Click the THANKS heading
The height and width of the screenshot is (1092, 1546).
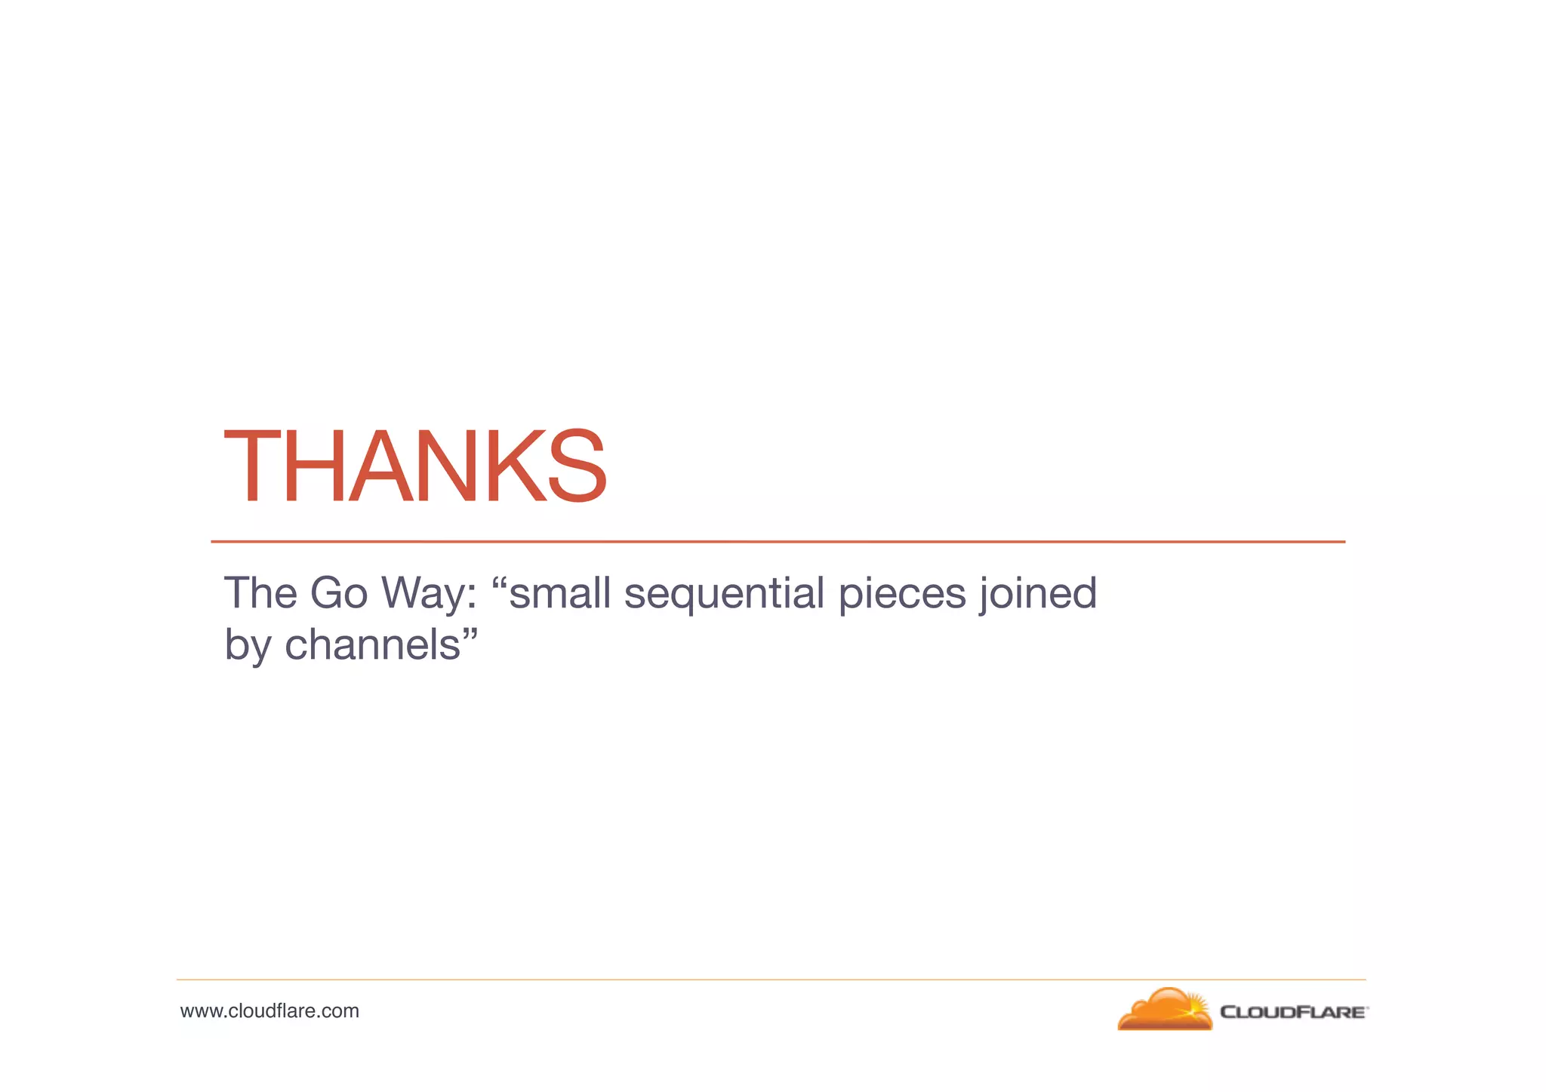tap(415, 466)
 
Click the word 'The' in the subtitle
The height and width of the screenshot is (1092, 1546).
tap(260, 593)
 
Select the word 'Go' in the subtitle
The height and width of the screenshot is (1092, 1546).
tap(338, 593)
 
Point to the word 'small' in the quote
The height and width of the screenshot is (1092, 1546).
tap(559, 593)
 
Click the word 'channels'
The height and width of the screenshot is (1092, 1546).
tap(372, 645)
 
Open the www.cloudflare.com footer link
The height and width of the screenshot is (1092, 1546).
tap(269, 1011)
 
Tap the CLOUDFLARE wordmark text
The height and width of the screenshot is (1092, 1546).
tap(1292, 1012)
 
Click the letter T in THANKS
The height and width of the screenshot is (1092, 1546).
tap(252, 466)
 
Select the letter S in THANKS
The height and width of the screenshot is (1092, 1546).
tap(577, 466)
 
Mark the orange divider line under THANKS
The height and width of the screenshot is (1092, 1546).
tap(778, 542)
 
